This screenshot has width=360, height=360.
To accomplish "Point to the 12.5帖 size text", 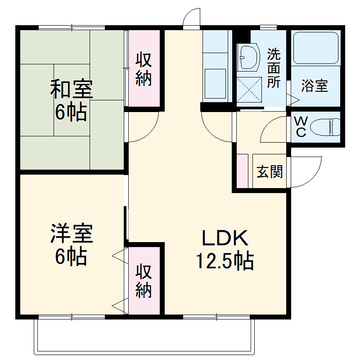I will point(225,260).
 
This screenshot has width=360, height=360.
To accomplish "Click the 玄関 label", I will point(270,171).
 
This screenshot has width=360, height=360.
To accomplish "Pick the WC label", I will point(301,126).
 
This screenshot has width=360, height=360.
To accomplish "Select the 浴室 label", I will point(314,85).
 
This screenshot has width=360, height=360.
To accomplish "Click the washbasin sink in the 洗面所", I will point(248,58).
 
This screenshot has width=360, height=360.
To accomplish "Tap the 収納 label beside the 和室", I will point(144,69).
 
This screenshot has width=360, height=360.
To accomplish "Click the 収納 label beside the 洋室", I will point(144,281).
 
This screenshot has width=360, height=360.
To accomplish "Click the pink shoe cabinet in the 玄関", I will point(242,171).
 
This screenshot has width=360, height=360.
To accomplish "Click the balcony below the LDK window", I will point(144,335).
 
